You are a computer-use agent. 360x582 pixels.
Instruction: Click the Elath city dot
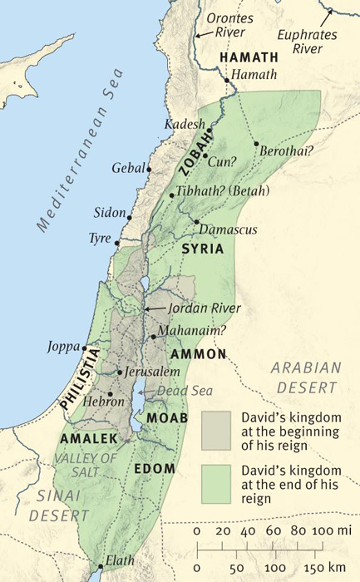coord(100,567)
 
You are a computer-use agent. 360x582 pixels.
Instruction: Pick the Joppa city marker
coord(84,348)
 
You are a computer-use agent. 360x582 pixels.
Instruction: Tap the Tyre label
coord(100,239)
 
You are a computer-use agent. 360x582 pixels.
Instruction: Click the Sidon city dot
coord(129,217)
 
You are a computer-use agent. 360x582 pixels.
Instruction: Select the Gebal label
coord(128,168)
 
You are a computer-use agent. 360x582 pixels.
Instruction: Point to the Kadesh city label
coord(185,124)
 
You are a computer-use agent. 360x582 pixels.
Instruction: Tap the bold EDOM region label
coord(154,468)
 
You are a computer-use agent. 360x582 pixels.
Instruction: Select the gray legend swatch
coord(218,431)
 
